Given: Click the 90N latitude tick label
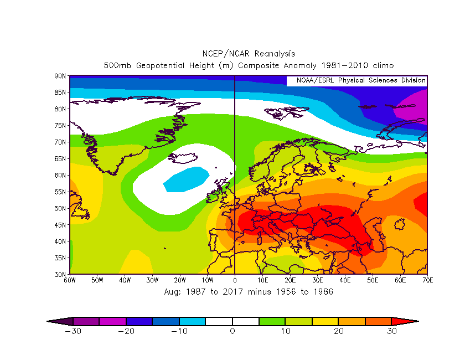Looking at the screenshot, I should click(x=60, y=75).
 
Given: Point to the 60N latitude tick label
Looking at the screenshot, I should click(x=60, y=175).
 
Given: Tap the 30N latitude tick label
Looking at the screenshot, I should click(x=60, y=274).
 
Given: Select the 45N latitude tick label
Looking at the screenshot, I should click(x=60, y=225).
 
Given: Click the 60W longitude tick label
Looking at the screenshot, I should click(x=70, y=280).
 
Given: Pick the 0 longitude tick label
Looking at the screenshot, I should click(x=235, y=280).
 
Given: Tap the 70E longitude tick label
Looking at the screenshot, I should click(x=427, y=280).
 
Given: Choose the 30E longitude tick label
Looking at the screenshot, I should click(x=317, y=280).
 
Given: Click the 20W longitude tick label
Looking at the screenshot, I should click(x=180, y=280).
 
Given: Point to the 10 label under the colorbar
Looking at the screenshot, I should click(x=286, y=331).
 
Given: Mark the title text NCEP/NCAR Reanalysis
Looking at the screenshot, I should click(x=249, y=54).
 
